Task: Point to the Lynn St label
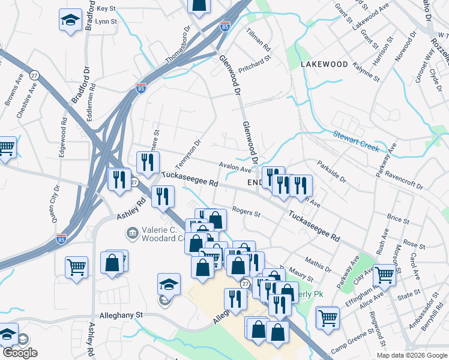(106, 20)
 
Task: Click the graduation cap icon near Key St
(70, 20)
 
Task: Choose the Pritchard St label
(255, 59)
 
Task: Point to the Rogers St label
(246, 213)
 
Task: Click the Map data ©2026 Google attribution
(412, 355)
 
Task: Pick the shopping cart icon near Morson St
(384, 275)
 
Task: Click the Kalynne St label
(366, 71)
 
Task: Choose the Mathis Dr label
(318, 263)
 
